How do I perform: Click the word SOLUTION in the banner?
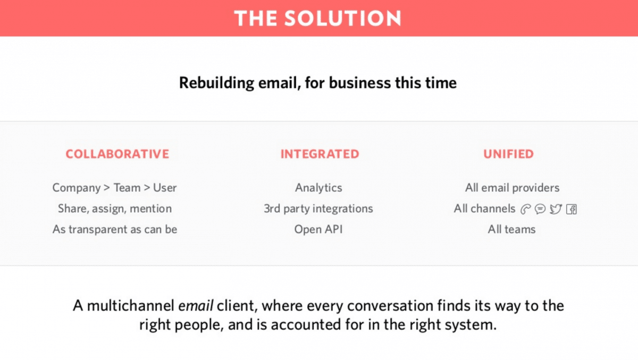tap(343, 18)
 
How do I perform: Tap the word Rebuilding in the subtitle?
tap(216, 83)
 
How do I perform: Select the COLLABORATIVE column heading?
tap(117, 154)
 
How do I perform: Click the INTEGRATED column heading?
tap(320, 154)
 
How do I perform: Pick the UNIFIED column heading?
tap(508, 154)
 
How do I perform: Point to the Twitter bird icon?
tap(556, 209)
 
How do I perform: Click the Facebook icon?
tap(572, 210)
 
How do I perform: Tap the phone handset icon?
tap(525, 210)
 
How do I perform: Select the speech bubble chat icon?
tap(540, 209)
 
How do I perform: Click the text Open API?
tap(318, 230)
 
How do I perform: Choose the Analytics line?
tap(318, 188)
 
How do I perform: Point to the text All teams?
tap(511, 230)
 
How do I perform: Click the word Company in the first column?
tap(77, 188)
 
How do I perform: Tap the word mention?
tap(150, 209)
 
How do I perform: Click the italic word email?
tap(196, 306)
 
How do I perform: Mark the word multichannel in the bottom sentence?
tap(131, 306)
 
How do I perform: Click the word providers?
tap(536, 188)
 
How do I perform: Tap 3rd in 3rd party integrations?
tap(272, 209)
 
